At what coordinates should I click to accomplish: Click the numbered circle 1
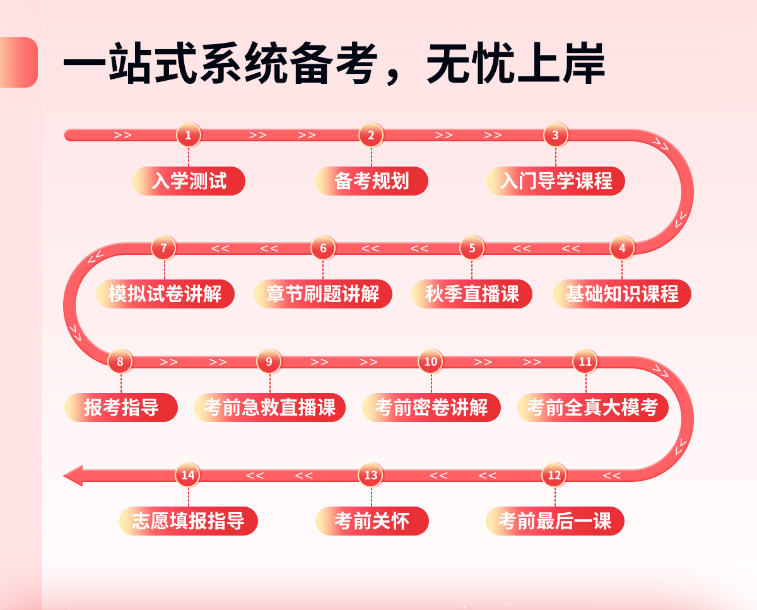point(188,135)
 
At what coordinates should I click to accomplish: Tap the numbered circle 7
point(163,248)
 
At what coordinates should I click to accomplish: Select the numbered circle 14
point(187,475)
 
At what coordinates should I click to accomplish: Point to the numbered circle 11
point(585,361)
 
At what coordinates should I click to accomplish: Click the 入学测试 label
point(189,181)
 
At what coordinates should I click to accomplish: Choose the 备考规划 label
point(372,181)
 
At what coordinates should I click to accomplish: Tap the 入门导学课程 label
point(556,181)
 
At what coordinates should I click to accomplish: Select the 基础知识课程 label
point(622,294)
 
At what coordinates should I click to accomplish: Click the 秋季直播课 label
point(472,294)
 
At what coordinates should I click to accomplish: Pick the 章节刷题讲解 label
point(323,294)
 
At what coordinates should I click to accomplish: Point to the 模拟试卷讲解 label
point(165,294)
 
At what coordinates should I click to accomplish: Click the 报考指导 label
point(121,408)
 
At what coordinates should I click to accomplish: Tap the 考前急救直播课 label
point(270,408)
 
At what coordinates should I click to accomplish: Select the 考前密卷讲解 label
point(431,408)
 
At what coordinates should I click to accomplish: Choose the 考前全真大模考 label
point(593,408)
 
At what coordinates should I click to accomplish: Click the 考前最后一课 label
point(555,521)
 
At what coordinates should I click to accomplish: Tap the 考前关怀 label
point(372,521)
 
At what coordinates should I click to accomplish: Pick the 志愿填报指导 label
point(189,521)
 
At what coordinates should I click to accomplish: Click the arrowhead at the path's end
point(73,475)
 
